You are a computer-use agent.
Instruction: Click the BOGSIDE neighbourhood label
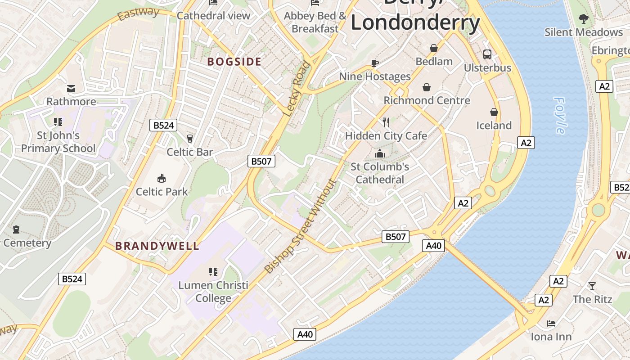pos(234,62)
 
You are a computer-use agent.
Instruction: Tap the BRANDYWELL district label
pos(157,246)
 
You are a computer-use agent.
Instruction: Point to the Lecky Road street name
pos(297,88)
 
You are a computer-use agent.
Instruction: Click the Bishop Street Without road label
pos(301,226)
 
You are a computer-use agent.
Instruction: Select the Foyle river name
pos(560,116)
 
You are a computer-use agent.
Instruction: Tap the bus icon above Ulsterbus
pos(487,54)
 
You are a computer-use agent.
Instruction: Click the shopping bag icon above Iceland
pos(494,112)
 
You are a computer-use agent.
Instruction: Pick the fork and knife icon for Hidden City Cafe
pos(386,121)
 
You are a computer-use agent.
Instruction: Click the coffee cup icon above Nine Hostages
pos(374,63)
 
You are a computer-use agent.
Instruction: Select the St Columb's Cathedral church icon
pos(380,153)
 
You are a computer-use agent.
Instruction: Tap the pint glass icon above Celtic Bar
pos(189,138)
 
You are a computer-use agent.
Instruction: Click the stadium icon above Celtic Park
pos(162,178)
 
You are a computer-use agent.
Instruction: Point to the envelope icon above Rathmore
pos(71,88)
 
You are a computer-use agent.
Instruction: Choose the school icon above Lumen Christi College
pos(213,271)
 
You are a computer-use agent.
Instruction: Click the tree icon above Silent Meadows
pos(583,19)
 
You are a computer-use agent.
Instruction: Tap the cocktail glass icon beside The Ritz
pos(592,286)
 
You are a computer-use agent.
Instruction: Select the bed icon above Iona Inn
pos(551,323)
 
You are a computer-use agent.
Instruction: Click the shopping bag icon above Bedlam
pos(434,48)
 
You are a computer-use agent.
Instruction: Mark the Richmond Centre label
pos(427,100)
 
